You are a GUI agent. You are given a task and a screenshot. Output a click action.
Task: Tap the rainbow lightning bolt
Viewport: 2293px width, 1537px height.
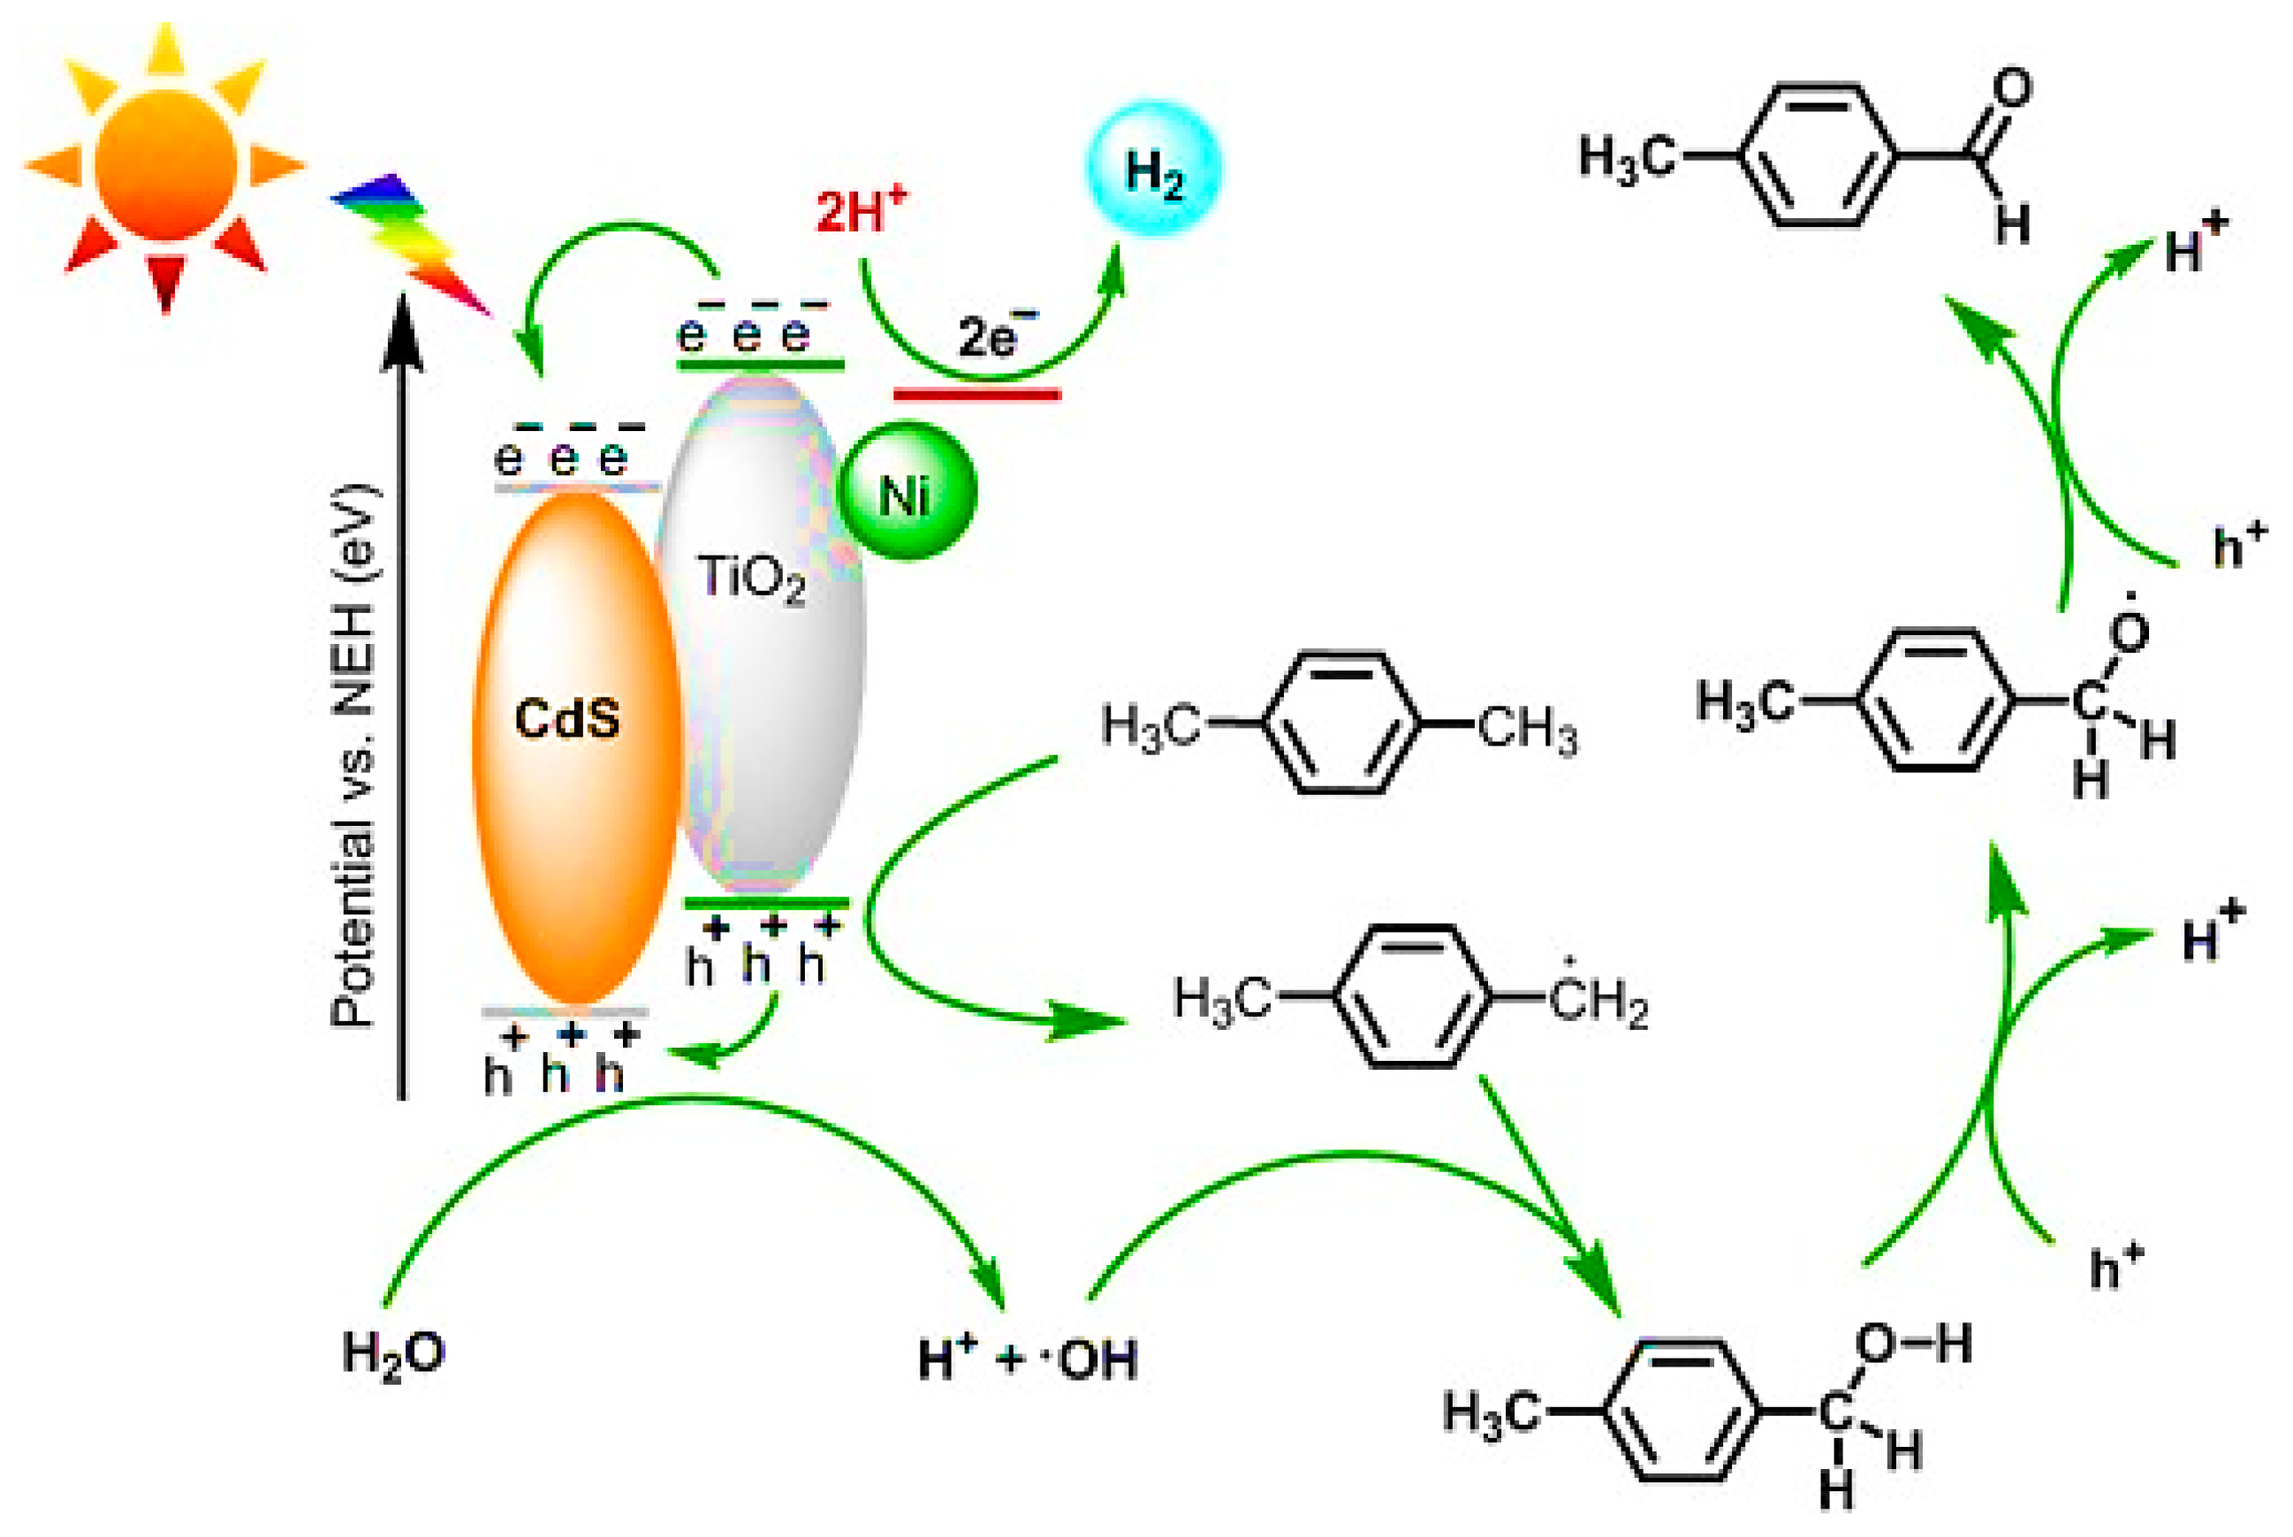412,240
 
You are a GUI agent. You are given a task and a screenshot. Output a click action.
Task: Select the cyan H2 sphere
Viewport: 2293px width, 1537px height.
1153,169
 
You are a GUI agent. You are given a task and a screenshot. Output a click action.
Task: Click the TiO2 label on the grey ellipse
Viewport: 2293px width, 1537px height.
750,579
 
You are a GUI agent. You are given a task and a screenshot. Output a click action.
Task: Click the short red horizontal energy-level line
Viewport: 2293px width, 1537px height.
976,395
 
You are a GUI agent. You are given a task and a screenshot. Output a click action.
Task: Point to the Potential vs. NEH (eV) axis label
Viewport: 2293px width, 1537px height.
353,754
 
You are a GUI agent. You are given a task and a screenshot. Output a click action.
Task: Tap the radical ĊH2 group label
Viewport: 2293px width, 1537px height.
1598,1003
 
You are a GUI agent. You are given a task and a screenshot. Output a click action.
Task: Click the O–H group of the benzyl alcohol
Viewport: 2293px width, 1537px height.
1911,1344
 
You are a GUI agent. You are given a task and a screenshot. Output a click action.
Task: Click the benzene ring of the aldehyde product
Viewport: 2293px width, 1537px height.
1819,155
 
